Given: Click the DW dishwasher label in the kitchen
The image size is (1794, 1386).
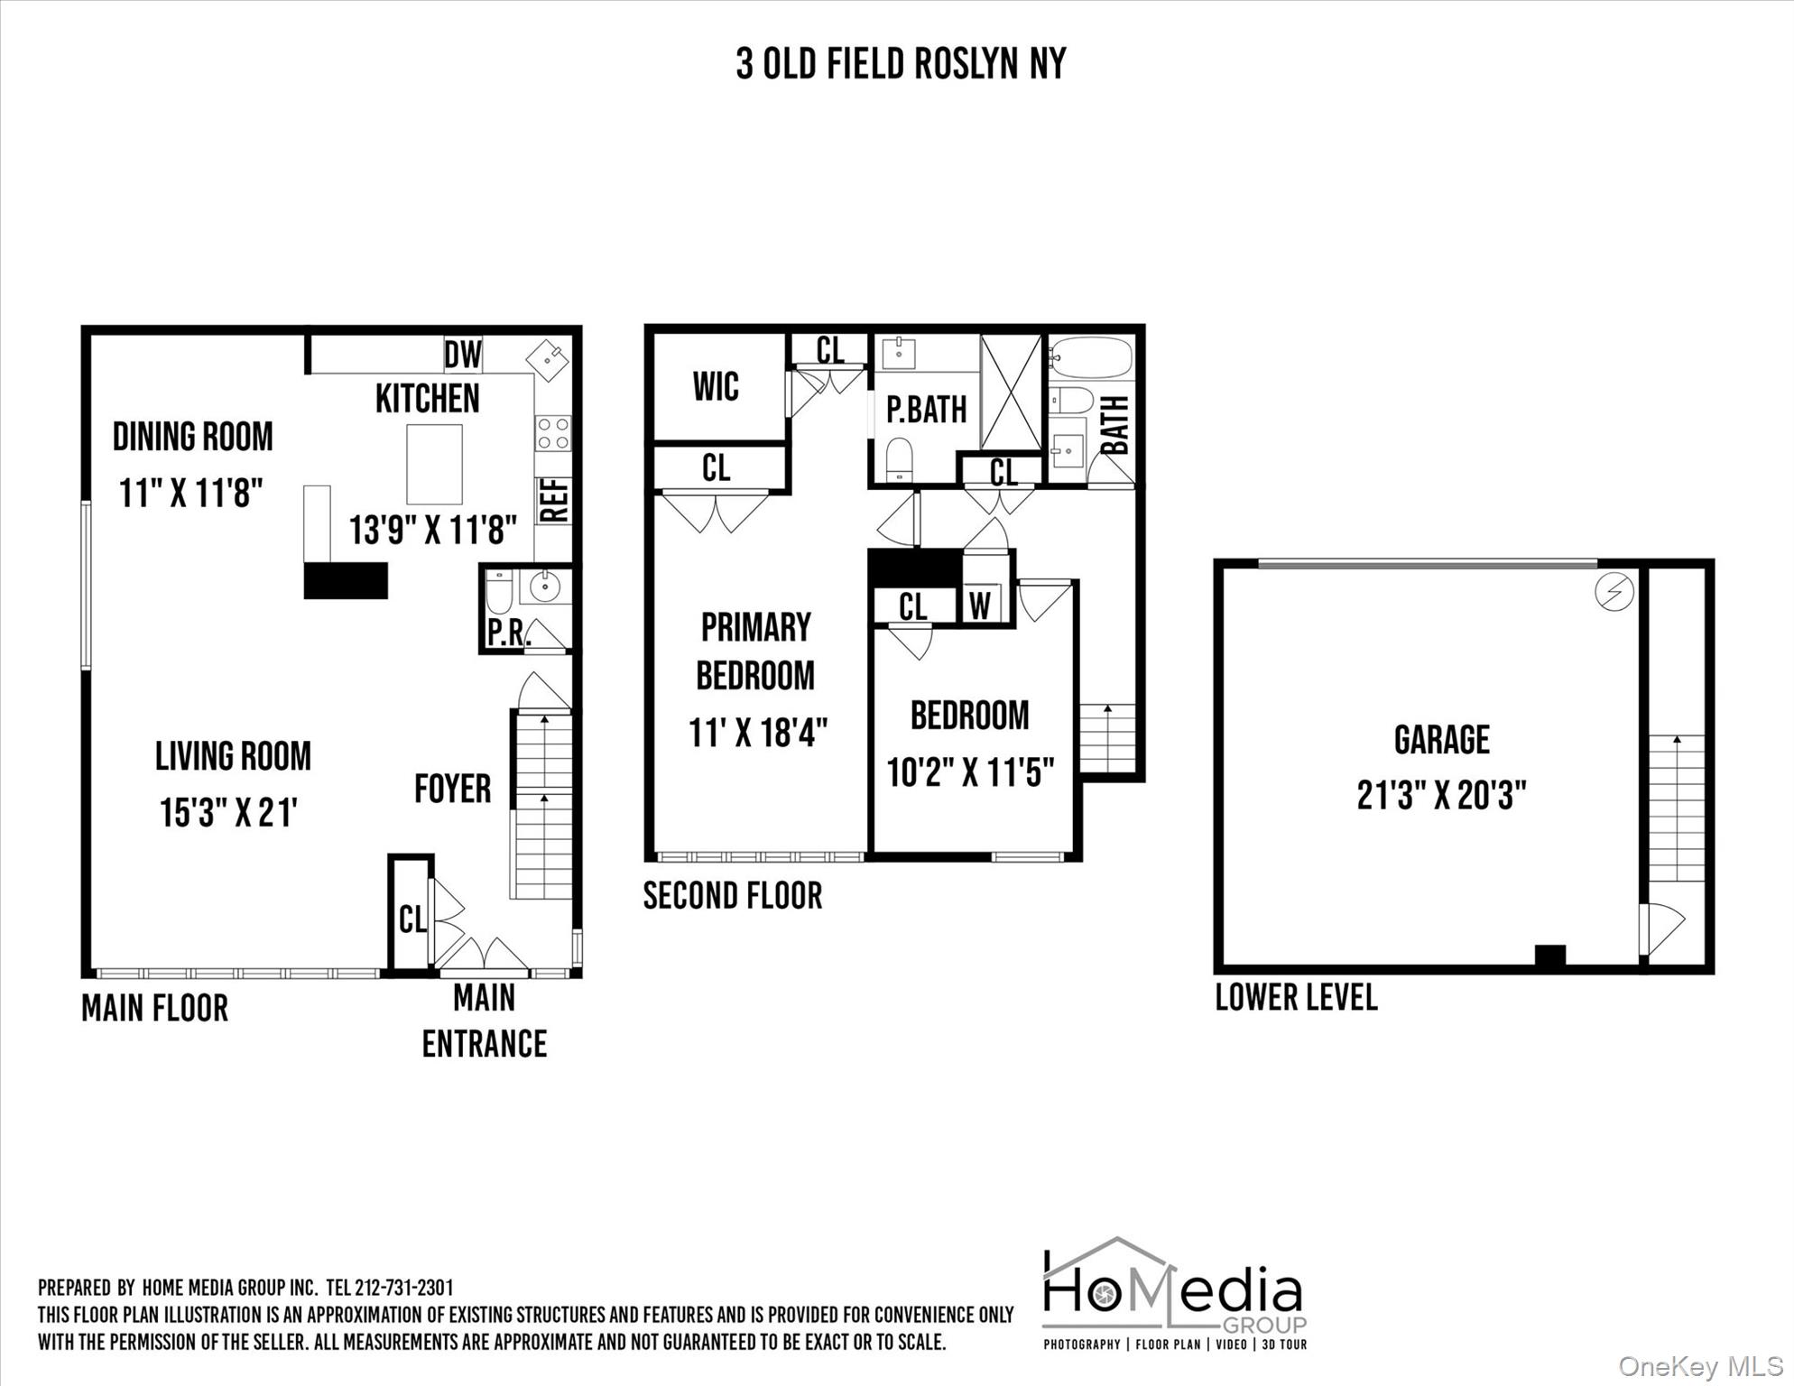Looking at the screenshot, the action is [x=463, y=355].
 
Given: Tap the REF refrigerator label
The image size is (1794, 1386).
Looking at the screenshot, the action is [x=554, y=500].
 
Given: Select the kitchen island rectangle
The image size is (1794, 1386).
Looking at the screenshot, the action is [x=434, y=464].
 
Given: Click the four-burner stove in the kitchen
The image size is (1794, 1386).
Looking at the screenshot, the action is [x=552, y=432].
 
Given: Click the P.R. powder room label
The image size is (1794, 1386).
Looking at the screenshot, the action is [x=505, y=633].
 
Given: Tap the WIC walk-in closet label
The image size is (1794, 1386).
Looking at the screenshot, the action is [x=716, y=387].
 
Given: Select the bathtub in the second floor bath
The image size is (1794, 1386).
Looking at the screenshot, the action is [x=1090, y=357].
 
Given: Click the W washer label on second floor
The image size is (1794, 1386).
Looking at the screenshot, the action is [x=980, y=606].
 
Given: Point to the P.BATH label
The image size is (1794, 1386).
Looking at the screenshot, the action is [x=926, y=410].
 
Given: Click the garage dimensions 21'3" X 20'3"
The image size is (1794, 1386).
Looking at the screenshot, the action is [x=1441, y=796].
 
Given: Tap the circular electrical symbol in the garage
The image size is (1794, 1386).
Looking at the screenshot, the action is [x=1614, y=592].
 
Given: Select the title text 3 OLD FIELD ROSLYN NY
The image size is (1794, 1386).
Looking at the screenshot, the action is [x=901, y=64].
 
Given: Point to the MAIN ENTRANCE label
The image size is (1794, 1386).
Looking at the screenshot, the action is [x=485, y=1021].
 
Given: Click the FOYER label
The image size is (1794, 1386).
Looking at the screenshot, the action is [x=453, y=789].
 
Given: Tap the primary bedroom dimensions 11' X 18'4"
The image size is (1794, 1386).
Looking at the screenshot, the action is [x=758, y=733].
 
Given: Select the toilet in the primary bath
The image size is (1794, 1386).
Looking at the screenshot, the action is [x=900, y=459].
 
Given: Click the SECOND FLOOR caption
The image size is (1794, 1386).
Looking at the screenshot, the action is [x=733, y=896].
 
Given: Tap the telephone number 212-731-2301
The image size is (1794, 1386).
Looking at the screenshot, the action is [x=404, y=1288].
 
